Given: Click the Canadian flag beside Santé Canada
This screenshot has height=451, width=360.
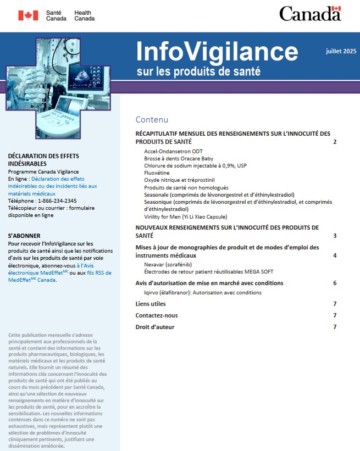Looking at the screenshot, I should click(28, 15).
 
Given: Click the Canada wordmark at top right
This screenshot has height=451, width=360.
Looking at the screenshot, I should click(310, 14).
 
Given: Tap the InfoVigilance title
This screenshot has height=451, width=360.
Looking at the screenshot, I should click(217, 52).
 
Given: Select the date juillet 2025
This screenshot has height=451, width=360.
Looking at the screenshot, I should click(341, 51).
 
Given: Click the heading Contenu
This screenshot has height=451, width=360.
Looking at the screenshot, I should click(152, 120).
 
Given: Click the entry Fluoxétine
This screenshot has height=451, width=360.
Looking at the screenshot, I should click(157, 172).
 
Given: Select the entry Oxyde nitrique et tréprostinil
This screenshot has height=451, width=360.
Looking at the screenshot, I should click(179, 180).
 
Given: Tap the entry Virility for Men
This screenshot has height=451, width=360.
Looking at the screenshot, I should click(187, 216).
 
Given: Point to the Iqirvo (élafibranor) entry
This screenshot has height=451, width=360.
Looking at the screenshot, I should click(195, 293).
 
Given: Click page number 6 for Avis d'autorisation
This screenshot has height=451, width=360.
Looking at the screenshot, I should click(334, 283).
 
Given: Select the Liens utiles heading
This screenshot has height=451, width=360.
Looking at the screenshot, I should click(150, 304).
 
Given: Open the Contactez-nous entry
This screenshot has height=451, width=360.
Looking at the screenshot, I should click(157, 315).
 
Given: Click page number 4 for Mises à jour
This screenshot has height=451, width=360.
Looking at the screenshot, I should click(334, 255).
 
